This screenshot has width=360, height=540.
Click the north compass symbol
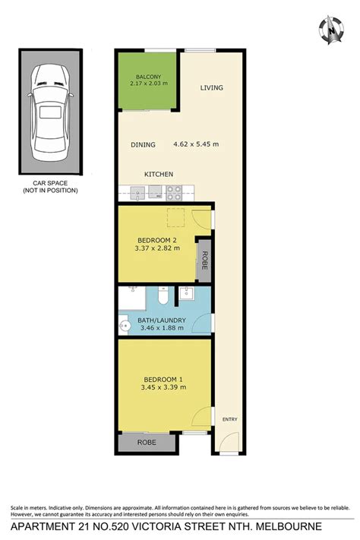331,30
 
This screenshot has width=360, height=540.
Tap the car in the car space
50,112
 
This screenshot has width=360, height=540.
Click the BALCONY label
148,77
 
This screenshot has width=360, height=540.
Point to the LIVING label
212,88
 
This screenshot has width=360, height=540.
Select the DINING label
143,144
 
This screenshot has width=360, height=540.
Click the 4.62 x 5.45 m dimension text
196,144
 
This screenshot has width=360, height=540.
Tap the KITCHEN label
159,174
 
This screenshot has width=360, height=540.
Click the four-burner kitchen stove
174,193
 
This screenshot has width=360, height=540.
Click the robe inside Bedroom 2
204,261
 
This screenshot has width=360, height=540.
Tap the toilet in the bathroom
163,295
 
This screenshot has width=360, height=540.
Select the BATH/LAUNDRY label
162,321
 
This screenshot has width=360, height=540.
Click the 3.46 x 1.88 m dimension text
162,328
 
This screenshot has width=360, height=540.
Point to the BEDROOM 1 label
163,380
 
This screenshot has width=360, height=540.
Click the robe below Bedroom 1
147,442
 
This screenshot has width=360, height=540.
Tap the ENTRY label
230,419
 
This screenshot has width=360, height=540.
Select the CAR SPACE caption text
50,187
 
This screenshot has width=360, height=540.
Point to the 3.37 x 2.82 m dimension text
157,248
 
